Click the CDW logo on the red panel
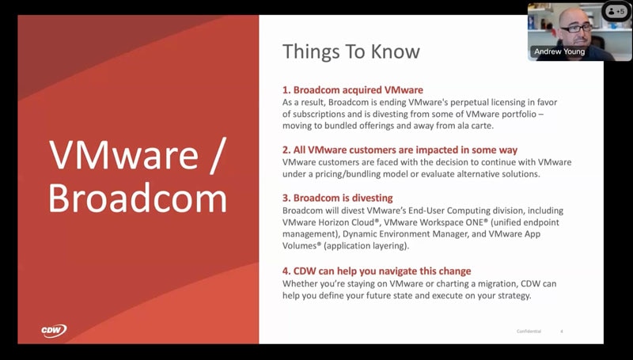[x=54, y=331]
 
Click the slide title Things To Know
[x=351, y=51]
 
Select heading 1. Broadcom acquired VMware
[x=353, y=89]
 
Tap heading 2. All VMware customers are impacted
[x=400, y=150]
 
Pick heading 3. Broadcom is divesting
[x=338, y=198]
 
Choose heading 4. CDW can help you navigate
[x=377, y=271]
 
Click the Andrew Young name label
[x=559, y=51]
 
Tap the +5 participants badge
[x=616, y=11]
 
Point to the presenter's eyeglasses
[x=576, y=28]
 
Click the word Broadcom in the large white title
[x=138, y=198]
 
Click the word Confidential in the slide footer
[x=529, y=332]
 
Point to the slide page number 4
[x=562, y=332]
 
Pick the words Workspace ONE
[x=453, y=222]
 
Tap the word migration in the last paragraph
[x=497, y=284]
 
